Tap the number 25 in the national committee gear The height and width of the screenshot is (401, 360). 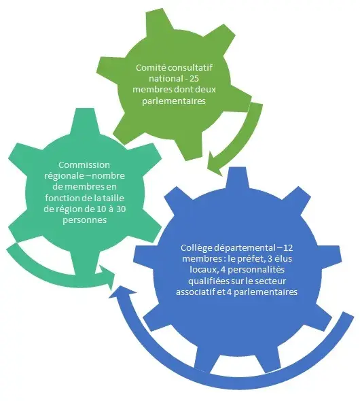click(194, 79)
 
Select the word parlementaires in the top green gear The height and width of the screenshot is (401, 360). click(174, 101)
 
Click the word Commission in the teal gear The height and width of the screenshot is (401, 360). click(84, 165)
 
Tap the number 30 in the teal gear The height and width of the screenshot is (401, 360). click(121, 209)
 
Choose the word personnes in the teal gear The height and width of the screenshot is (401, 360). click(85, 220)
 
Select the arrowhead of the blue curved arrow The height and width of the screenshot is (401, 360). click(119, 292)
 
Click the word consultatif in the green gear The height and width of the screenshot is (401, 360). click(190, 68)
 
